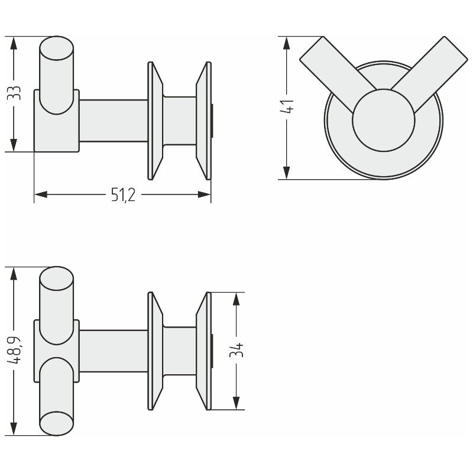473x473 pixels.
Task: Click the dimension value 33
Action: [x=14, y=93]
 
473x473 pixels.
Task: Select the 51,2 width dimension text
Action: [x=123, y=195]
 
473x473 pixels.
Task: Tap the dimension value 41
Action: [x=287, y=106]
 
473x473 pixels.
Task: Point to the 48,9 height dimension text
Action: [x=14, y=350]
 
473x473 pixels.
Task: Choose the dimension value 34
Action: [x=236, y=350]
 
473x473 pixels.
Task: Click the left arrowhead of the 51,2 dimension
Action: [x=41, y=195]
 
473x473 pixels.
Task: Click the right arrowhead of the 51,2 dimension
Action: [x=204, y=195]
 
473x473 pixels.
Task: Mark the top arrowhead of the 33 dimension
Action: [x=14, y=43]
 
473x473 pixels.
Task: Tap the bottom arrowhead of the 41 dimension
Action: [x=287, y=173]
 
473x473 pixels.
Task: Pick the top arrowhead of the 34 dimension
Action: [x=236, y=299]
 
